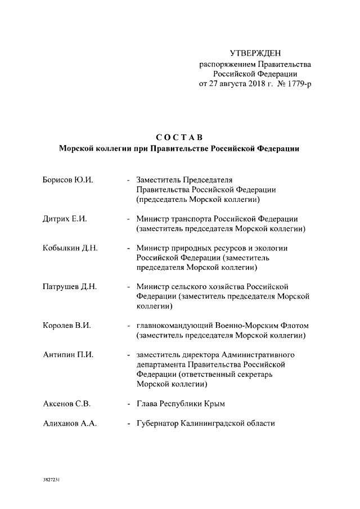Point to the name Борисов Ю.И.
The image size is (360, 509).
(67, 179)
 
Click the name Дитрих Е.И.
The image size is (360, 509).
(65, 218)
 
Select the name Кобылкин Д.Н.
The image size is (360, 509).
(70, 247)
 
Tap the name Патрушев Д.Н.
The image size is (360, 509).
(70, 286)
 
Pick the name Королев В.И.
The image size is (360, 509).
(67, 326)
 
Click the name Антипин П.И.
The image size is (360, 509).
(67, 355)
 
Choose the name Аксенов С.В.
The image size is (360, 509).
(67, 404)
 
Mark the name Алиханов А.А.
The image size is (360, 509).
(70, 424)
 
